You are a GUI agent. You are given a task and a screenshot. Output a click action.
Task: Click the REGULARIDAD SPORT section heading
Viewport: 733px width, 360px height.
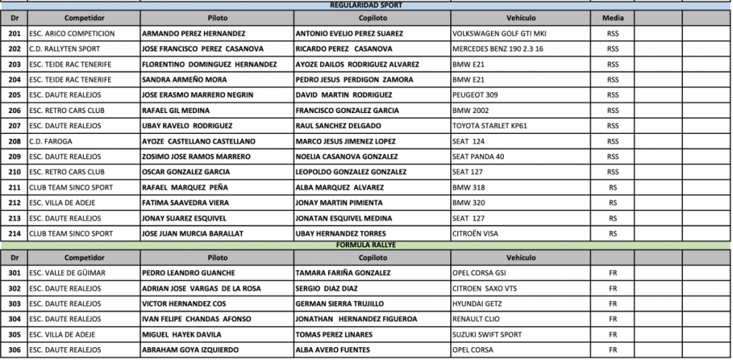[366, 5]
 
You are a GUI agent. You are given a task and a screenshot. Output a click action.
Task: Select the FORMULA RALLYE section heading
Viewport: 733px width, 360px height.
[366, 245]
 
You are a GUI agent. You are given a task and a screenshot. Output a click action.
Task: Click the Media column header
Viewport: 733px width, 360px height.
[613, 17]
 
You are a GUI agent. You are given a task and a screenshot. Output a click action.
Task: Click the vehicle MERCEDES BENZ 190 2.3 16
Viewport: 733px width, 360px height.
[498, 49]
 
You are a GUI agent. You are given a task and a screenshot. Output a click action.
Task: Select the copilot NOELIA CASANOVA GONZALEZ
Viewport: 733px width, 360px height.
[346, 157]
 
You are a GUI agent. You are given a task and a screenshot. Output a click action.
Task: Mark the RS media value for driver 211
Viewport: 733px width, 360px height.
[613, 188]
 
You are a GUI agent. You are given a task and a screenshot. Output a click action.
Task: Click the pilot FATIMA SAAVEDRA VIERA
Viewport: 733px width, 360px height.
[183, 203]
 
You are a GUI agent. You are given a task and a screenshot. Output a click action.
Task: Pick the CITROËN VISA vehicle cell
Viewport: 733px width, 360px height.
[477, 233]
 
